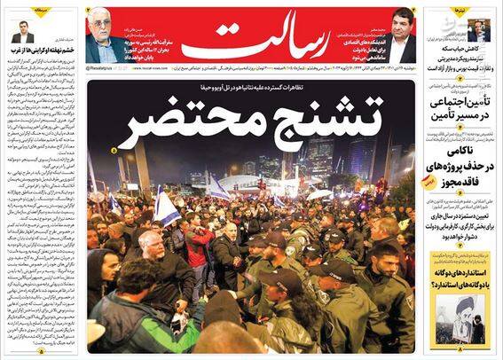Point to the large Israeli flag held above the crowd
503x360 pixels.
166,207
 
